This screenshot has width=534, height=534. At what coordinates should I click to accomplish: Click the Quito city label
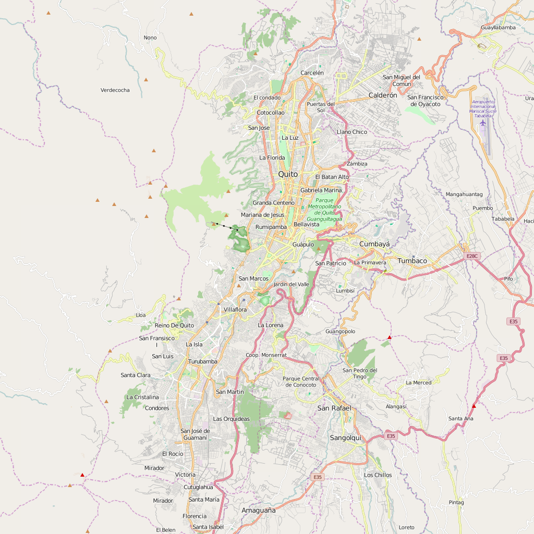pyautogui.click(x=288, y=174)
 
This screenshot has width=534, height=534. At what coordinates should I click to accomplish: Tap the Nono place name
pyautogui.click(x=150, y=38)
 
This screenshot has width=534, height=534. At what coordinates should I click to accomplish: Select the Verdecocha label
pyautogui.click(x=115, y=90)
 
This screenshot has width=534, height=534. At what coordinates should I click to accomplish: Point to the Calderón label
pyautogui.click(x=383, y=95)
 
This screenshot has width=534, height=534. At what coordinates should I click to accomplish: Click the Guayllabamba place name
pyautogui.click(x=498, y=27)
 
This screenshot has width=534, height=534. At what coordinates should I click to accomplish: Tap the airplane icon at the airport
pyautogui.click(x=483, y=123)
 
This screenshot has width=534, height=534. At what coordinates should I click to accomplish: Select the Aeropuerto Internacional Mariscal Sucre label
pyautogui.click(x=483, y=109)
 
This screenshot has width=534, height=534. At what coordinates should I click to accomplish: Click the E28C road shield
pyautogui.click(x=472, y=256)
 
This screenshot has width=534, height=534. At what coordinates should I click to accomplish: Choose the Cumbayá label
pyautogui.click(x=374, y=244)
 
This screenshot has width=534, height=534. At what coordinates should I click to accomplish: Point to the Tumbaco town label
pyautogui.click(x=412, y=261)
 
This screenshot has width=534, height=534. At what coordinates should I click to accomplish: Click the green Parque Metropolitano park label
pyautogui.click(x=324, y=210)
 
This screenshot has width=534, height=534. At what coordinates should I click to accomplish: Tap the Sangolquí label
pyautogui.click(x=345, y=438)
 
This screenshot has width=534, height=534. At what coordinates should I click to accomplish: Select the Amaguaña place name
pyautogui.click(x=258, y=511)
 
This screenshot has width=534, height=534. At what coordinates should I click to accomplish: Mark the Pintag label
pyautogui.click(x=456, y=503)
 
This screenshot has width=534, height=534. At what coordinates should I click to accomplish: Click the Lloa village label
pyautogui.click(x=141, y=315)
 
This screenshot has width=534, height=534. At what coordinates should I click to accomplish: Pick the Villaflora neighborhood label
pyautogui.click(x=235, y=310)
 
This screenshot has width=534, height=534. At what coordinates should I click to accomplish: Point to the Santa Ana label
pyautogui.click(x=461, y=418)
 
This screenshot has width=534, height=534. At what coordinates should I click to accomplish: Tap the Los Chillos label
pyautogui.click(x=378, y=475)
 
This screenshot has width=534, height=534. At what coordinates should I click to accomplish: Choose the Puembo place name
pyautogui.click(x=482, y=208)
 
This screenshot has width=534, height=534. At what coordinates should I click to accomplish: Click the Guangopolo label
pyautogui.click(x=340, y=331)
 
